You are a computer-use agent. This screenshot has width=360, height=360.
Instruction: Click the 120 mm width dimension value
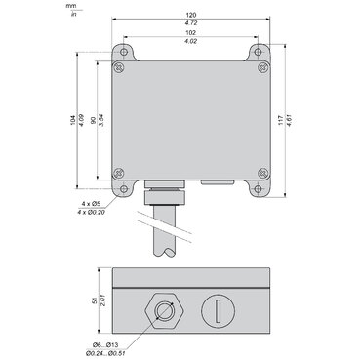click(191, 15)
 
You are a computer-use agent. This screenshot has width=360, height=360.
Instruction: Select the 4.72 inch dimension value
click(191, 23)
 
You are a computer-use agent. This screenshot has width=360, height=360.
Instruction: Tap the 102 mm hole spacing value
click(191, 32)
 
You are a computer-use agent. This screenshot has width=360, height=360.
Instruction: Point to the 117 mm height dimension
click(280, 121)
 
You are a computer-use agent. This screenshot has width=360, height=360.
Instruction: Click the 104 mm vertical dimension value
click(73, 120)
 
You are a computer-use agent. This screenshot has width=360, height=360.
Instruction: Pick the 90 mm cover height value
click(93, 120)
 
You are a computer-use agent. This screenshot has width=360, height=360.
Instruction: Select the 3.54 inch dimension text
click(100, 120)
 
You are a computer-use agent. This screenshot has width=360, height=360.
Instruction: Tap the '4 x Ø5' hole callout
click(92, 204)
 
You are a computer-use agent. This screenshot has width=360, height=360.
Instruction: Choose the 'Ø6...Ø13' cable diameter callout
click(105, 344)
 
